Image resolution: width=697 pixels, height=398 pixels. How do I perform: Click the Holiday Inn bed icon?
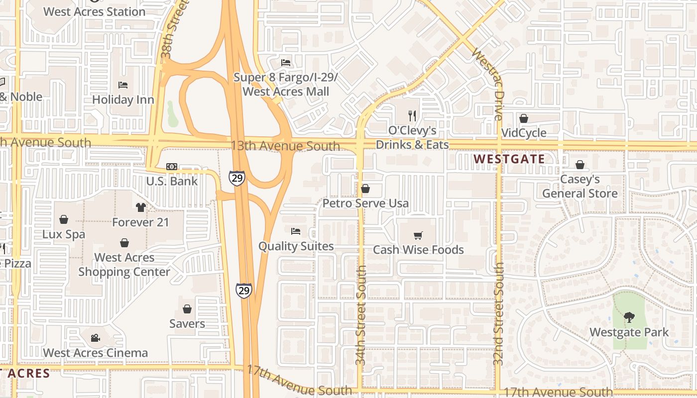(123, 85)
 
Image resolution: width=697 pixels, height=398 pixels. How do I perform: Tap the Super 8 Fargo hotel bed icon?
(286, 63)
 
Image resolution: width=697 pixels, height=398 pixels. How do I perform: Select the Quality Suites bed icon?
(296, 231)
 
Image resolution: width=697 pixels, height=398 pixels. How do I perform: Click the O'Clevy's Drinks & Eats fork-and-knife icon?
(412, 116)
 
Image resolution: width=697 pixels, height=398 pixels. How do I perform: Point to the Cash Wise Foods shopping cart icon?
(418, 235)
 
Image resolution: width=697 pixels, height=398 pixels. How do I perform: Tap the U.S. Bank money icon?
(172, 167)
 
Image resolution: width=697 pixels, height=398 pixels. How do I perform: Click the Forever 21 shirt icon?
(140, 207)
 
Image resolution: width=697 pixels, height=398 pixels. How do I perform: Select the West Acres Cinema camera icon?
(95, 338)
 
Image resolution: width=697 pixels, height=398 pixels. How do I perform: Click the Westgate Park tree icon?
(629, 317)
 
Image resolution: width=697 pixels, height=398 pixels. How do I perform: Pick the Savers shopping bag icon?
(187, 309)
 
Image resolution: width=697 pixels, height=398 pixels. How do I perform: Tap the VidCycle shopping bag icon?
(524, 118)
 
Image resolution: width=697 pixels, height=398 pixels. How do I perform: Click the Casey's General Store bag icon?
(580, 165)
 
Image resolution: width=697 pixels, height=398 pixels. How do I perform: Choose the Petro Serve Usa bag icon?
(365, 189)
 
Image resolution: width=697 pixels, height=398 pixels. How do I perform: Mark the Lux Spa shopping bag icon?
(64, 219)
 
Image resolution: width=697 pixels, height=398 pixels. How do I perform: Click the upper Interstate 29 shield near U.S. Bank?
(237, 178)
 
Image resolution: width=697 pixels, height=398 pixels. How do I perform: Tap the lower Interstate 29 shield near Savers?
(244, 290)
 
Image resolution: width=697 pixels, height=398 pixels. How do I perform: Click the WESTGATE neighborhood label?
(509, 159)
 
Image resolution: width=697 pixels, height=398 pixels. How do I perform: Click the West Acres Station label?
(95, 11)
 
